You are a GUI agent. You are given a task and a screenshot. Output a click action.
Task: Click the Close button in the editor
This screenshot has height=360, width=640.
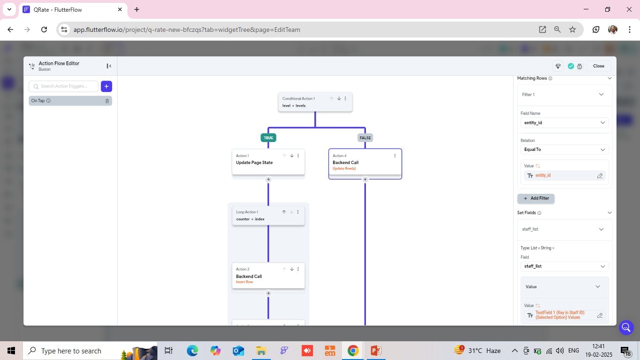point(598,66)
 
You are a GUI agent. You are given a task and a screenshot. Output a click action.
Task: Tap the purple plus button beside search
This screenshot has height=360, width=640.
point(106,86)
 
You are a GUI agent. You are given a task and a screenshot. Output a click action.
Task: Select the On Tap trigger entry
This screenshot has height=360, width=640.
point(66,101)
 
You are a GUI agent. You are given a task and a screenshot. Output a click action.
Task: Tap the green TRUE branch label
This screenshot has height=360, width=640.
point(268,138)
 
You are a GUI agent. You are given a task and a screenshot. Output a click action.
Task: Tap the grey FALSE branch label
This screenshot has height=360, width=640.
point(365,138)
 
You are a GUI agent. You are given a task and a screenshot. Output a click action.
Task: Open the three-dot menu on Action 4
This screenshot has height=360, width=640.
point(395,156)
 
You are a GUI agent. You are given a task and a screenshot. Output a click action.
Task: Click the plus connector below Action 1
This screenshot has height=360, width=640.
point(268,180)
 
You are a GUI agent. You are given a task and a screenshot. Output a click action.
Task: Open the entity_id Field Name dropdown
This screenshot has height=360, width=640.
point(564,123)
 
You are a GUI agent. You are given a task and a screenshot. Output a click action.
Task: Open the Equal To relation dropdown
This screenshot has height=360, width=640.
point(564,150)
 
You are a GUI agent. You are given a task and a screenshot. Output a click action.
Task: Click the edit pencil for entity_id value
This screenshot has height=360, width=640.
point(600,176)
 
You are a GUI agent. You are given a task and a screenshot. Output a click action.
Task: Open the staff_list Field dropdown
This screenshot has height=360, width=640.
point(564,266)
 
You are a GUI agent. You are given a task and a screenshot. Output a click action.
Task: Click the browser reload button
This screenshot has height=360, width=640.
point(44,30)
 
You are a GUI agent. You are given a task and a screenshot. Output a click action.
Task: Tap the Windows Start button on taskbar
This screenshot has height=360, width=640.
point(11,351)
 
